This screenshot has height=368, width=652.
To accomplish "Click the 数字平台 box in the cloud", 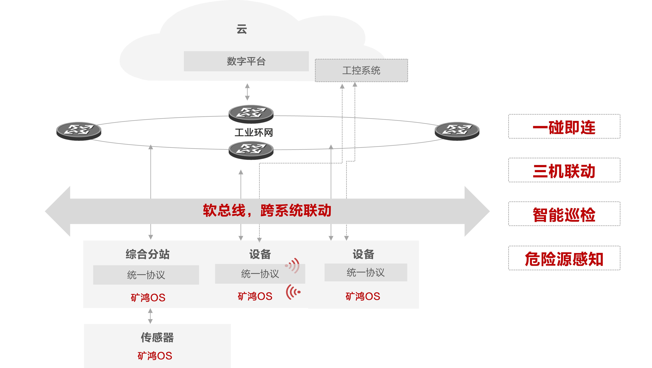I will tap(246, 61).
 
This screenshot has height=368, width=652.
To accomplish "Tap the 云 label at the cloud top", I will tap(242, 29).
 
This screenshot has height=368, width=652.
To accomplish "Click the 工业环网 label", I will tap(254, 132).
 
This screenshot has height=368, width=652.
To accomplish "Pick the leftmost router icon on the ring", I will tap(79, 131).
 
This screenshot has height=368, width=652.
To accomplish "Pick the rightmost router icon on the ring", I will tap(457, 131).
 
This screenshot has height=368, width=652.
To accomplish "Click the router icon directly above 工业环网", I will tap(251, 114).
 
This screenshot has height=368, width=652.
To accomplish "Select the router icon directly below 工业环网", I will tap(251, 150).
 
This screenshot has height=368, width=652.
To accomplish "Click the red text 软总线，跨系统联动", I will tap(267, 210).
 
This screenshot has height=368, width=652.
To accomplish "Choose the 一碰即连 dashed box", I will tap(564, 127).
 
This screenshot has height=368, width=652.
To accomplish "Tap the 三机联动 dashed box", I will tap(564, 170).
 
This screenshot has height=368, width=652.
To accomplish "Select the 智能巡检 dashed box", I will tap(564, 214).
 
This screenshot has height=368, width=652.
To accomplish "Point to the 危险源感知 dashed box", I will tap(564, 258).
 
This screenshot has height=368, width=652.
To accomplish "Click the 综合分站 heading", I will tap(148, 254).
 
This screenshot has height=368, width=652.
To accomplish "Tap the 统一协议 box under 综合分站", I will tap(146, 275).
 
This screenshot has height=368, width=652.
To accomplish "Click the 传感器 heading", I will tap(157, 337).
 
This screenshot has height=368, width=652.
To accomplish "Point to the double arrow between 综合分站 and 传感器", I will tap(150, 316).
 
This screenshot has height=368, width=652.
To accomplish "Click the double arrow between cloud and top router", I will tap(247, 92).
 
